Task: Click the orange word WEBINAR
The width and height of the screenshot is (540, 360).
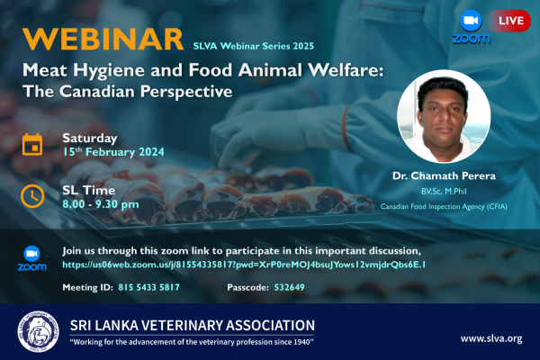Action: coord(103,40)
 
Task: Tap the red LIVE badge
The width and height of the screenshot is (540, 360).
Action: coord(509,21)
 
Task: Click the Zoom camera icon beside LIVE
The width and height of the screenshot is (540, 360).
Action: coord(471,21)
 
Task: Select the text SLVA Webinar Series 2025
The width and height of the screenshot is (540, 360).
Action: coord(253,46)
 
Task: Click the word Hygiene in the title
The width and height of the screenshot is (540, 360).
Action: coord(109,71)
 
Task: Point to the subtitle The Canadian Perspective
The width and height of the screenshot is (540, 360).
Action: coord(128,92)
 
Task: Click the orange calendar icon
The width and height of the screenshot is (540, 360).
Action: coord(32,145)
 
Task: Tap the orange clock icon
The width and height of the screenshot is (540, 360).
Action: coord(32,197)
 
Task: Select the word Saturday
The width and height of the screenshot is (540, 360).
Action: coord(90,139)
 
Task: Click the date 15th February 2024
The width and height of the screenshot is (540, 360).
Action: coord(113,152)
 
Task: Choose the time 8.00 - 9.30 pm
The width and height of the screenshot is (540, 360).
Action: coord(101,204)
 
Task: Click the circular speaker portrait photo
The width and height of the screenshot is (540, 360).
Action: coord(444,116)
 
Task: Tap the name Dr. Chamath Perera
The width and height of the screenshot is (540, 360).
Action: coord(444,176)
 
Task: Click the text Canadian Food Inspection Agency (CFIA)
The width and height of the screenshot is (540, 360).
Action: coord(444,207)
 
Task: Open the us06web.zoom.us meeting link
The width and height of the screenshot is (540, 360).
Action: coord(244,265)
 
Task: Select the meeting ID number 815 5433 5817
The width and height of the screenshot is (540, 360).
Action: coord(148,287)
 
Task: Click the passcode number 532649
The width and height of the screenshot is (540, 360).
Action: coord(289,287)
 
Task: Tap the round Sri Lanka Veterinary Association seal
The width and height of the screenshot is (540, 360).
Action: coord(38,332)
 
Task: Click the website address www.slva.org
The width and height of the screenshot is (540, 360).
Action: coord(491,338)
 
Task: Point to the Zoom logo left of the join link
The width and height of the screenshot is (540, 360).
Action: coord(32,258)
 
